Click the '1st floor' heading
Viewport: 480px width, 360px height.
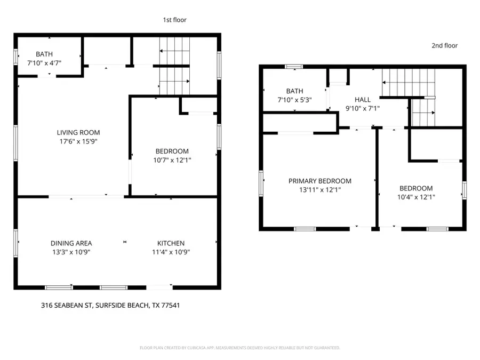click(174, 20)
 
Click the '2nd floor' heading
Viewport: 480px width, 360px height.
click(444, 46)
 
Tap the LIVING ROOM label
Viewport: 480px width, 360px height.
click(78, 133)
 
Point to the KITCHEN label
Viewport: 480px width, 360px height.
click(171, 243)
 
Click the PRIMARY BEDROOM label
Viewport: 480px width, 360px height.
click(320, 181)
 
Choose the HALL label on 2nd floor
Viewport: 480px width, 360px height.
click(363, 100)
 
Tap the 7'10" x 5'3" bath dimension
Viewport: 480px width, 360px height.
click(294, 100)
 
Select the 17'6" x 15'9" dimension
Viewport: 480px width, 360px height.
click(78, 142)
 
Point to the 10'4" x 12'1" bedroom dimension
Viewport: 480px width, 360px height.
click(416, 197)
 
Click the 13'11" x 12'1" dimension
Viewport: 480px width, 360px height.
click(320, 190)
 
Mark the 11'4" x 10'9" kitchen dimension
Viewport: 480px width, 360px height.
click(171, 252)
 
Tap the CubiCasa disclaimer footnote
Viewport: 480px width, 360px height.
click(239, 348)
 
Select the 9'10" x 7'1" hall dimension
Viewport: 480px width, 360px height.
click(363, 109)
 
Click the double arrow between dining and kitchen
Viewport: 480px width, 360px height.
click(125, 242)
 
